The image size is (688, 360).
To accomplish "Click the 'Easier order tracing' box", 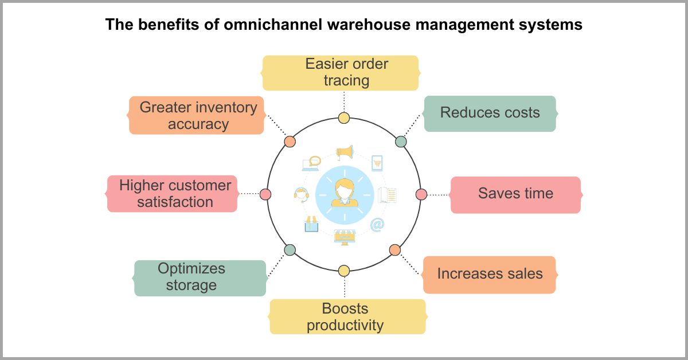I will coord(341,73).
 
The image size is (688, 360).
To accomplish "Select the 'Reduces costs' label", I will coord(490,113).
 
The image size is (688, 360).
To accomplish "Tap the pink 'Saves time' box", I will coord(515,194).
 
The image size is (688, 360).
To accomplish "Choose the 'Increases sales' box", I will coord(490,274).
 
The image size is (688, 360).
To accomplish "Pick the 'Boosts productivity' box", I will coord(347,316).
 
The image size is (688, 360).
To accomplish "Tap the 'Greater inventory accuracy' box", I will coord(196,115).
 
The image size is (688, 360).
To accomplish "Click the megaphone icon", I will coord(344,152).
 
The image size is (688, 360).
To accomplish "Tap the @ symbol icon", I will coord(377,225).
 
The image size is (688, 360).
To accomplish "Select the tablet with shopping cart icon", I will coord(377,163).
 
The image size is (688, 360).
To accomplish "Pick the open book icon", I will coord(388,195).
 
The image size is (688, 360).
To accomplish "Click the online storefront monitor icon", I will coord(344,237).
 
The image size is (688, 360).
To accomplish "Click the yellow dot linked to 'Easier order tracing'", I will coord(344,118).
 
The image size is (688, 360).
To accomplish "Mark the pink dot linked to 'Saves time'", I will coord(421,194).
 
